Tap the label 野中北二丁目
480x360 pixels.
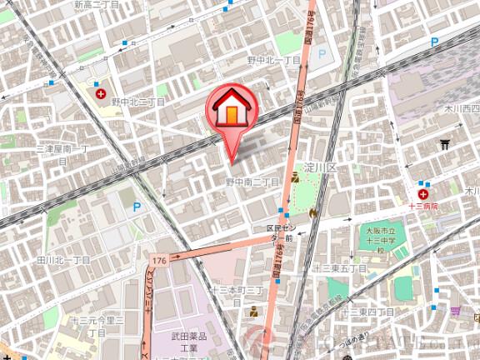(137, 101)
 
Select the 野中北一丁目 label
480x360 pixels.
(273, 61)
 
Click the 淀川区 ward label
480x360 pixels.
(319, 167)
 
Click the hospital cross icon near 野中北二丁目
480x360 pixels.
(101, 95)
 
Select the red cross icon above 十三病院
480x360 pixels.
(424, 193)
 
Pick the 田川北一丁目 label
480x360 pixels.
(63, 260)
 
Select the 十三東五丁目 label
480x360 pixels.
(340, 268)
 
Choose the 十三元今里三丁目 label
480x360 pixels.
(97, 325)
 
